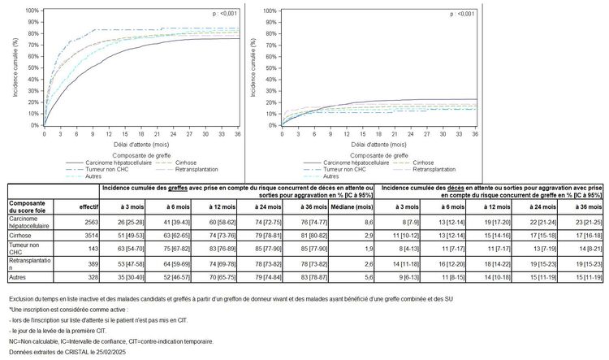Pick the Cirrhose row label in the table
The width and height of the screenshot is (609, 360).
(22, 234)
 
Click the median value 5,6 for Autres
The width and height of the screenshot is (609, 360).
(368, 278)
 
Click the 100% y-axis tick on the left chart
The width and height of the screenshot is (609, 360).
(33, 11)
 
